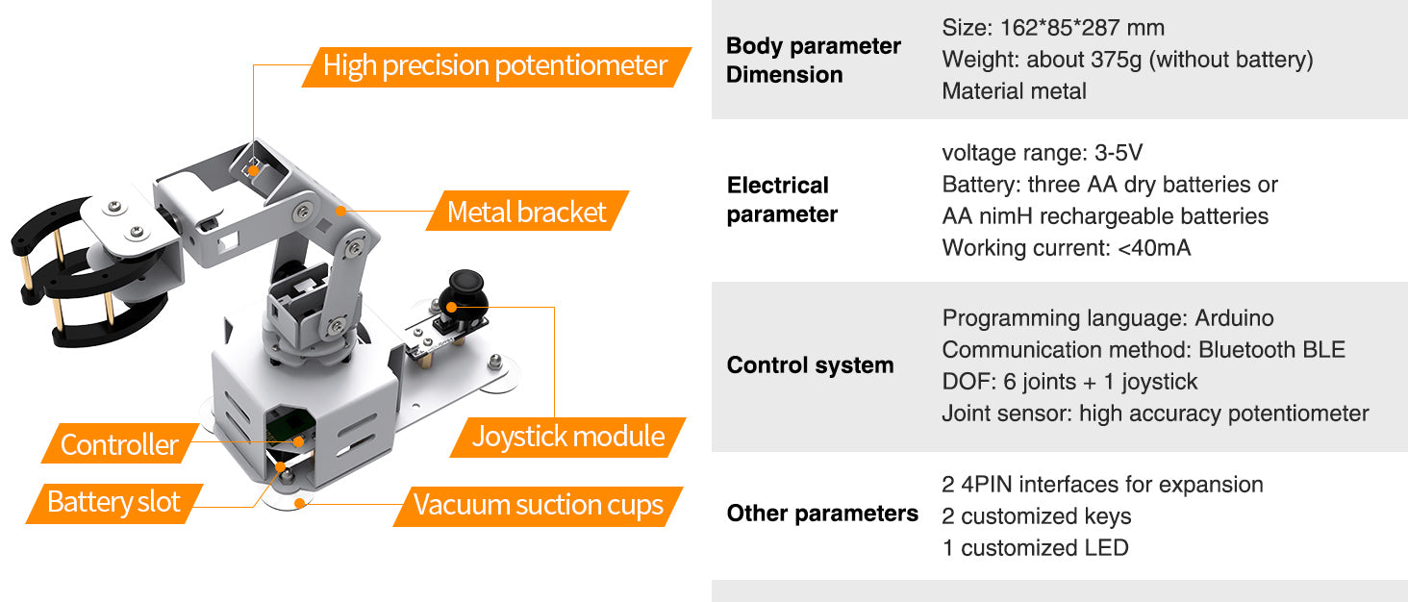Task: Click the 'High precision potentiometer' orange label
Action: [x=495, y=66]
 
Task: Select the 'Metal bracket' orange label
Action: [x=527, y=212]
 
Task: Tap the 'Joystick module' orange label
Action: [x=567, y=437]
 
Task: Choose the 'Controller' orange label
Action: [x=119, y=444]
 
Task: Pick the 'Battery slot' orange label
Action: [x=113, y=502]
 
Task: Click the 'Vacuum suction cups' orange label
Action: [x=538, y=505]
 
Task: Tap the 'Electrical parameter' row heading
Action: [x=782, y=200]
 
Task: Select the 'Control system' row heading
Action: [x=810, y=365]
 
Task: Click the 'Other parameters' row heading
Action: [x=822, y=514]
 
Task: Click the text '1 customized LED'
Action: [x=1035, y=548]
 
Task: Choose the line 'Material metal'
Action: [x=1014, y=91]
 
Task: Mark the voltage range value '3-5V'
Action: [x=1119, y=153]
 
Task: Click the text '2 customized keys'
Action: [x=1036, y=516]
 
